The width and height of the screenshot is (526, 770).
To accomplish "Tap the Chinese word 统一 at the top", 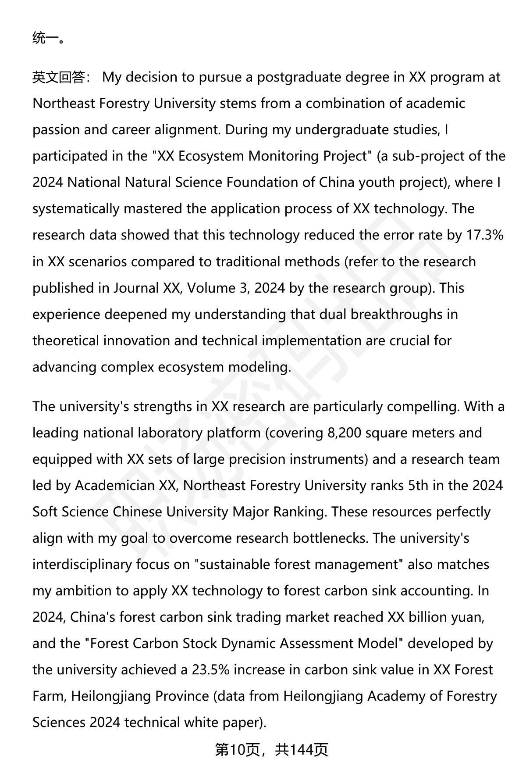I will click(46, 38).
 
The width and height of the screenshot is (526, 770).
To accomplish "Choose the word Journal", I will click(136, 288).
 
